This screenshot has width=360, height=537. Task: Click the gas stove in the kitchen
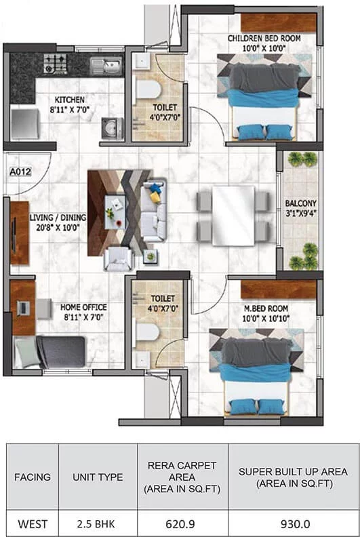[54, 63]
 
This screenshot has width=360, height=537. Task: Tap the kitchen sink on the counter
[106, 65]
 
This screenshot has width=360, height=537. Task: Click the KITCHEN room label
[70, 100]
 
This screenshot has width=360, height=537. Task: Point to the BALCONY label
[301, 203]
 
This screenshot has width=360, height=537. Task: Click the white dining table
[233, 215]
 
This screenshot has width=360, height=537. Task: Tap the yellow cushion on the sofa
[155, 197]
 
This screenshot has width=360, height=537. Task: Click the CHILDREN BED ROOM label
[264, 38]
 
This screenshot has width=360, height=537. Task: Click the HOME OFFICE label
[83, 307]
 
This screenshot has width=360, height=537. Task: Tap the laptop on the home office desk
[23, 308]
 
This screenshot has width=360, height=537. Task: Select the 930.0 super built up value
[296, 524]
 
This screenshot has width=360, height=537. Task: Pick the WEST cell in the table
[33, 524]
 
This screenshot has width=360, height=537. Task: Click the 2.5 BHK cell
[98, 524]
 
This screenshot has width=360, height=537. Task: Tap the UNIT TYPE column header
[98, 477]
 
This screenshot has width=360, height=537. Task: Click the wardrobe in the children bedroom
[278, 23]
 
